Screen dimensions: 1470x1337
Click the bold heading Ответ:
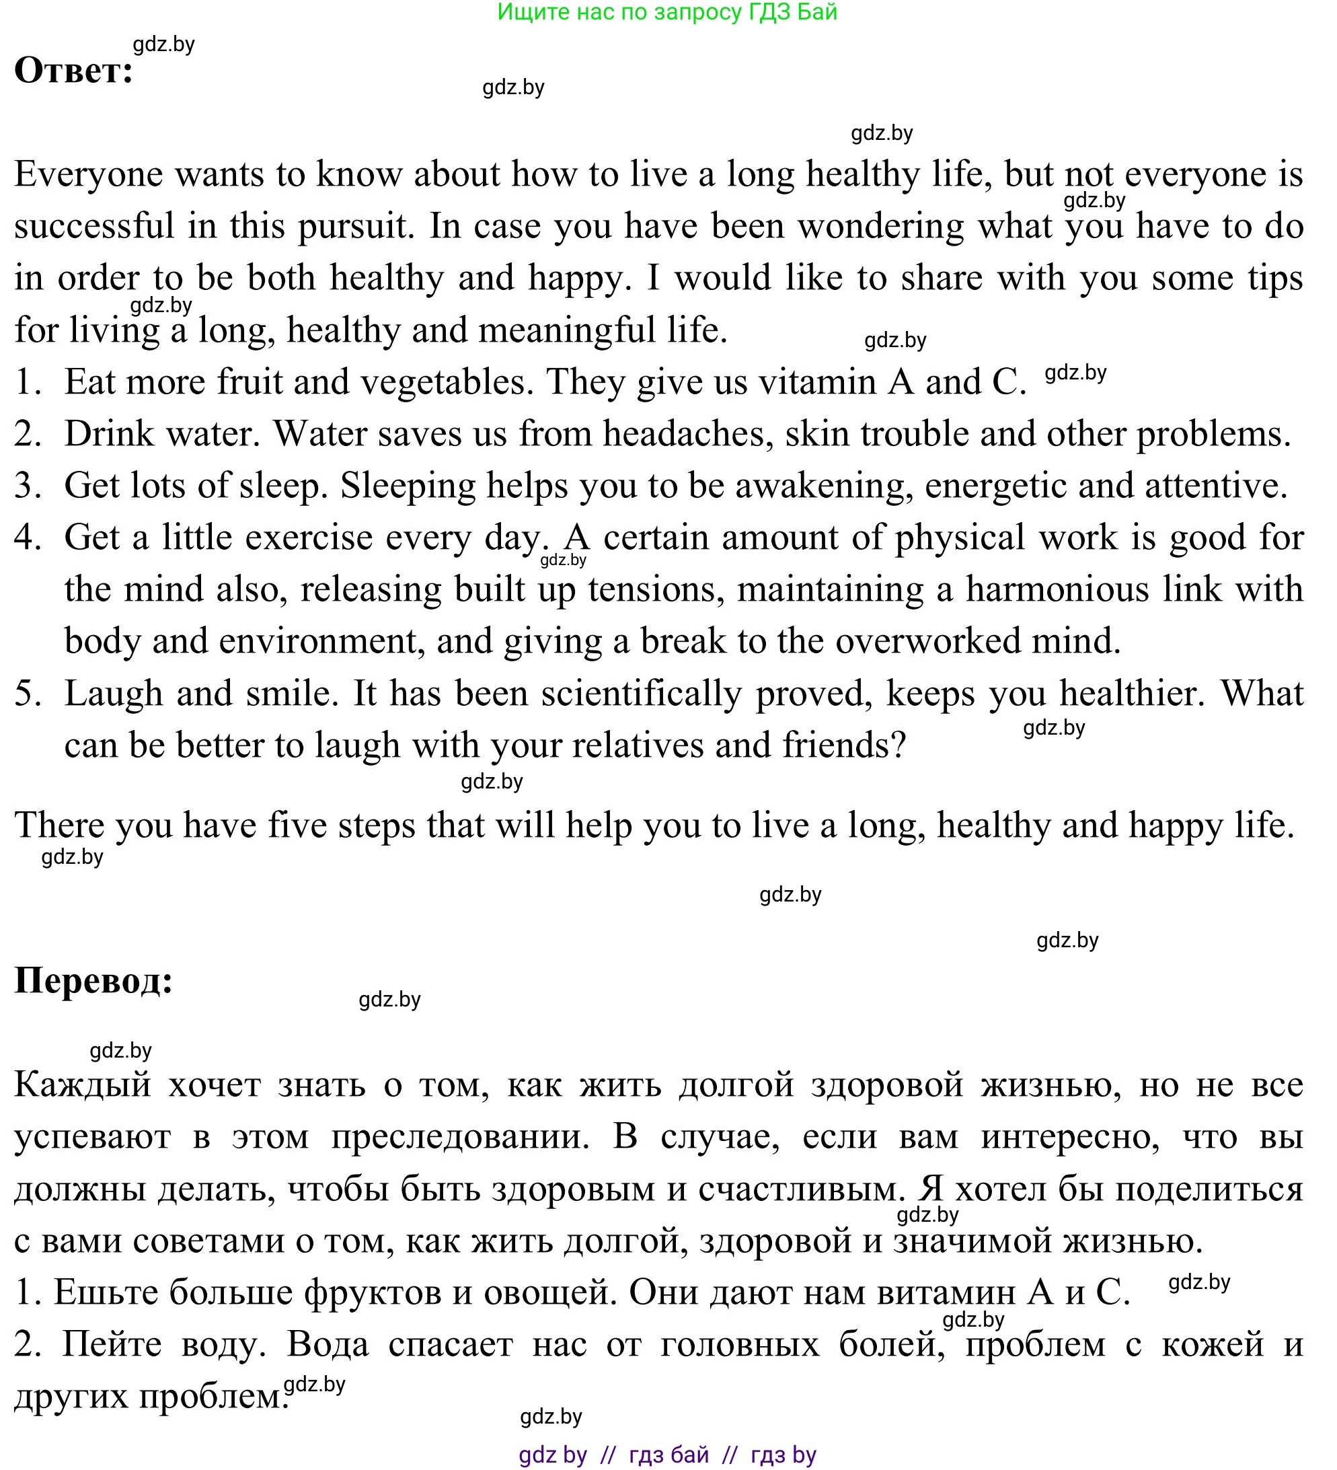(x=73, y=71)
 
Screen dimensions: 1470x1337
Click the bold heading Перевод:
(x=93, y=981)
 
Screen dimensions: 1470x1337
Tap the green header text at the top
(x=667, y=12)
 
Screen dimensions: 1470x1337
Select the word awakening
(x=824, y=486)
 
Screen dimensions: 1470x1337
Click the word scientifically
(x=641, y=694)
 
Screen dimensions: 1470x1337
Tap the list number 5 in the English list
(x=28, y=694)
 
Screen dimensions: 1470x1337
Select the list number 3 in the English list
(x=28, y=486)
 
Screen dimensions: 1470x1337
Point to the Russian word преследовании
(x=460, y=1138)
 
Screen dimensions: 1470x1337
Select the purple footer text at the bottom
(x=667, y=1455)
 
